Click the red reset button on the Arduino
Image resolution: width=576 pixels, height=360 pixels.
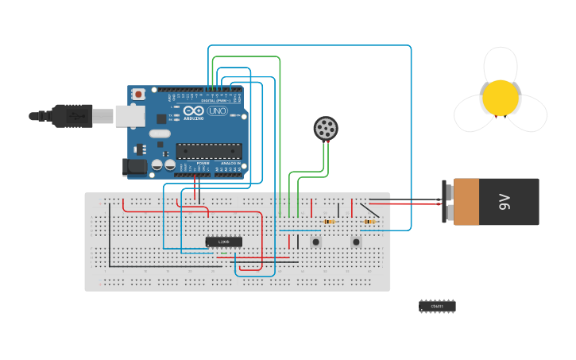(139, 94)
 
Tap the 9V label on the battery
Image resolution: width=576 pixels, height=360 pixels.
(504, 202)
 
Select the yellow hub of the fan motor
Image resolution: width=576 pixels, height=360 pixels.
(501, 97)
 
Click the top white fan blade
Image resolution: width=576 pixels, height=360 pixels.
(501, 63)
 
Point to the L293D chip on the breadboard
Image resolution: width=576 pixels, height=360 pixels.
(223, 242)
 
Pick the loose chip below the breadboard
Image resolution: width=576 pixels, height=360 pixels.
(437, 306)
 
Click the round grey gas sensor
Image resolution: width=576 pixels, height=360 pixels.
(326, 128)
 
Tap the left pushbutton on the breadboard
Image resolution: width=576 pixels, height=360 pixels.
(316, 242)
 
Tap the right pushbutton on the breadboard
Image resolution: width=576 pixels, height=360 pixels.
(356, 242)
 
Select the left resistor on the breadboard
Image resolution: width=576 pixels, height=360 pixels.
(329, 222)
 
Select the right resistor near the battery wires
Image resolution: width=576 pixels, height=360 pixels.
(369, 222)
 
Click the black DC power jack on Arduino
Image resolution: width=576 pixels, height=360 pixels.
(133, 167)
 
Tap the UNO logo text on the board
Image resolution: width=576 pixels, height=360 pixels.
(215, 111)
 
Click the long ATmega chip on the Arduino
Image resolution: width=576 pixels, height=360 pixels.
(209, 150)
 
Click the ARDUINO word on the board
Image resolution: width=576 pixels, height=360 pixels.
(193, 118)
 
